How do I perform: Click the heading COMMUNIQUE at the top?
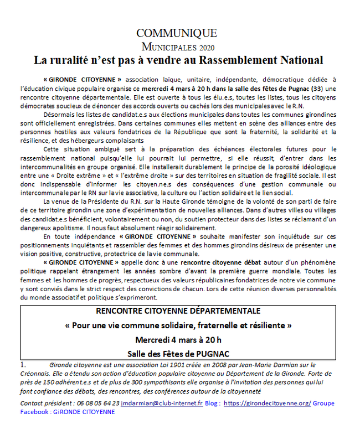tap(177, 33)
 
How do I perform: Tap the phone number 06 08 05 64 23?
tap(97, 404)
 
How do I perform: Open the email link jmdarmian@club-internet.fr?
tap(162, 404)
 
